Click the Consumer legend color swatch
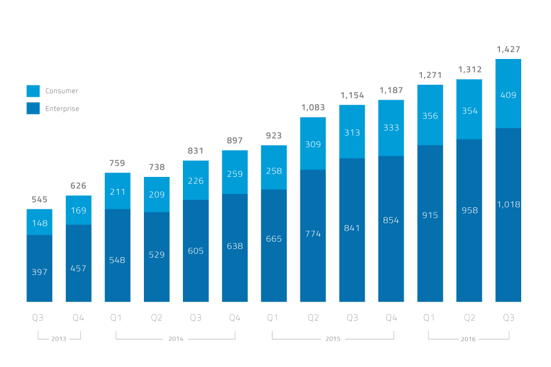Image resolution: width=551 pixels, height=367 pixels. tap(33, 91)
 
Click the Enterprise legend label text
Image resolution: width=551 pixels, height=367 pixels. tap(62, 109)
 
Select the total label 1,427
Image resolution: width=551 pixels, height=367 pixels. tap(508, 50)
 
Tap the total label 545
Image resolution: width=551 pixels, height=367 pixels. tap(40, 200)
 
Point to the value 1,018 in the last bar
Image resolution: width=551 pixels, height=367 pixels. tap(508, 204)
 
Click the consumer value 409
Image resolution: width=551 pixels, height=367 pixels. tap(508, 95)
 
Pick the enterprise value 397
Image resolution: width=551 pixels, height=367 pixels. tap(40, 271)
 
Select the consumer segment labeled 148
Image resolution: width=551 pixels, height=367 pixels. tap(40, 223)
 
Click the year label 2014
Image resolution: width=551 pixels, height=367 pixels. tap(175, 339)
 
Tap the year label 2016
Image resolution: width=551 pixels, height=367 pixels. tap(468, 339)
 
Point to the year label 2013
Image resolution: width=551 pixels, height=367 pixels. tap(59, 339)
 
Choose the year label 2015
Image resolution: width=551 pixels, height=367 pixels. tap(333, 339)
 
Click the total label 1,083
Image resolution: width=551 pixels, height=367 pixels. tap(313, 108)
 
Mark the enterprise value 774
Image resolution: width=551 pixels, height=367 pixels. tap(313, 234)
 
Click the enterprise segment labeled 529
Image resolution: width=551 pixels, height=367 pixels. tap(157, 255)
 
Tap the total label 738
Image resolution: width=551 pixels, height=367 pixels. tap(157, 167)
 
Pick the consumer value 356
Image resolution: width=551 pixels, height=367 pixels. tap(430, 116)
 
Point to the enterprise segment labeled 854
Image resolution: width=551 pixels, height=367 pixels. tap(391, 220)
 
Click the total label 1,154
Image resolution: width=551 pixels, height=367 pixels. tap(352, 95)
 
